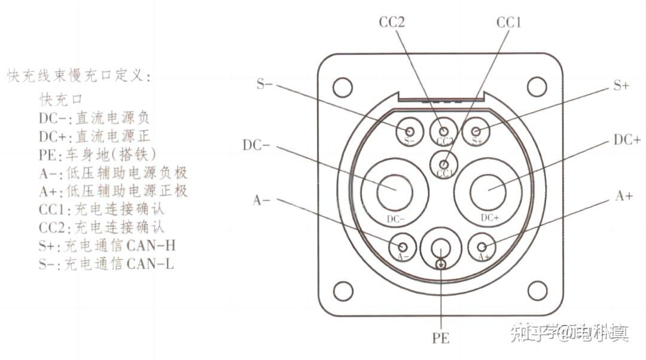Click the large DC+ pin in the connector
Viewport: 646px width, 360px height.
coord(489,191)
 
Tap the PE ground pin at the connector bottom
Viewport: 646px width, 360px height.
coord(441,251)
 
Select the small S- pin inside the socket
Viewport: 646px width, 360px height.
coord(410,131)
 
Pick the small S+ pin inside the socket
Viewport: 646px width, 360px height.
coord(477,131)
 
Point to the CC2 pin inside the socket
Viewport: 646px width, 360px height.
coord(443,131)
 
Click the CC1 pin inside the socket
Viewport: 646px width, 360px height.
coord(444,164)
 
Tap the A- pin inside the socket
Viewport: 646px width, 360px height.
coord(403,246)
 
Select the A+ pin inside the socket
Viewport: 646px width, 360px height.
coord(482,246)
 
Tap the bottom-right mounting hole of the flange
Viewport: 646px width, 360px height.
coord(539,291)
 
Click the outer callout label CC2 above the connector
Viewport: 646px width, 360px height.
coord(392,23)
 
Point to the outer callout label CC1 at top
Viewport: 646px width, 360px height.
coord(509,23)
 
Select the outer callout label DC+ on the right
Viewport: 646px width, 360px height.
coord(627,139)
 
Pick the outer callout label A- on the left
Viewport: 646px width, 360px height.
coord(262,200)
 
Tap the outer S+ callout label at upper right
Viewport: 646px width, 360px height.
coord(621,86)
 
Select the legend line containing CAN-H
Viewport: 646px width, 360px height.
coord(107,245)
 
